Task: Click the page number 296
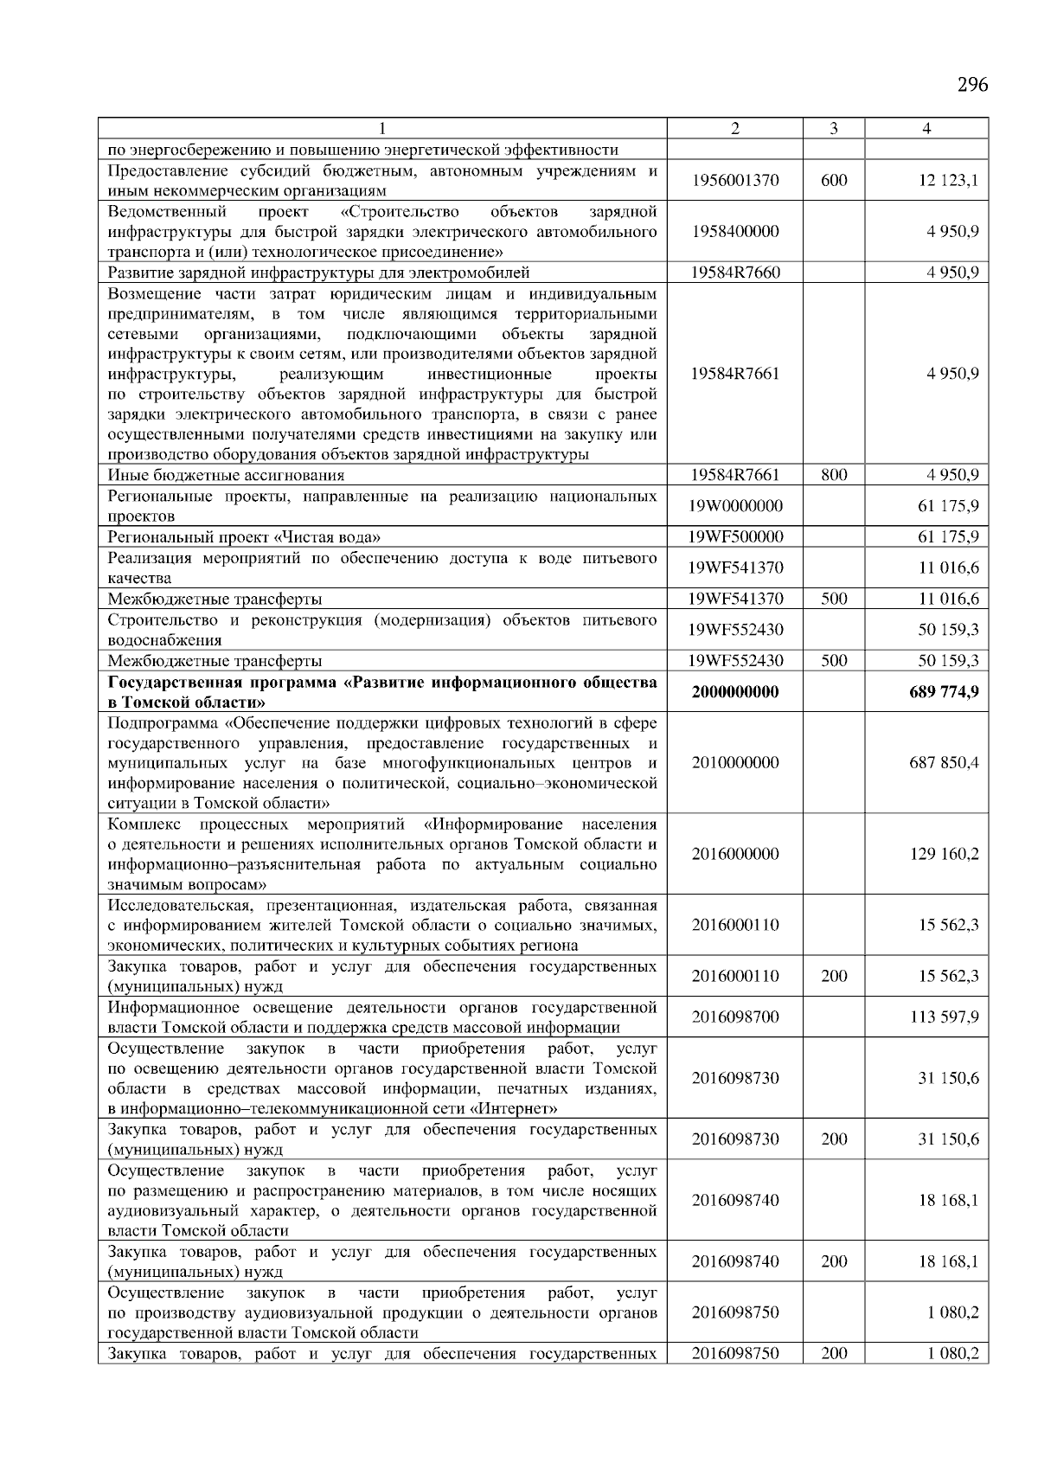[x=972, y=85]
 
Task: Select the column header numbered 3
[x=833, y=129]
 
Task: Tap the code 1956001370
[x=735, y=181]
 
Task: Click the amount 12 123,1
[x=948, y=181]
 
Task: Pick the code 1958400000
[x=735, y=231]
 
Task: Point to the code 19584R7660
[x=735, y=273]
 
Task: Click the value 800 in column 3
[x=834, y=475]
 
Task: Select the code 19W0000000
[x=735, y=506]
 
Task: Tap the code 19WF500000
[x=735, y=536]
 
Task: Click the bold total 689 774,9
[x=944, y=692]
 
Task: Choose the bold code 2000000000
[x=735, y=692]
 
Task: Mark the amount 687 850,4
[x=944, y=763]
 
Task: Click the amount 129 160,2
[x=944, y=854]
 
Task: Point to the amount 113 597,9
[x=944, y=1017]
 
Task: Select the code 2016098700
[x=735, y=1017]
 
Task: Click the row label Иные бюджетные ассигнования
[x=226, y=475]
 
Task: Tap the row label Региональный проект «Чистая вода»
[x=244, y=536]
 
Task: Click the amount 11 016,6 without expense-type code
[x=948, y=568]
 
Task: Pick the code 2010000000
[x=735, y=763]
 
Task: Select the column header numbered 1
[x=381, y=129]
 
